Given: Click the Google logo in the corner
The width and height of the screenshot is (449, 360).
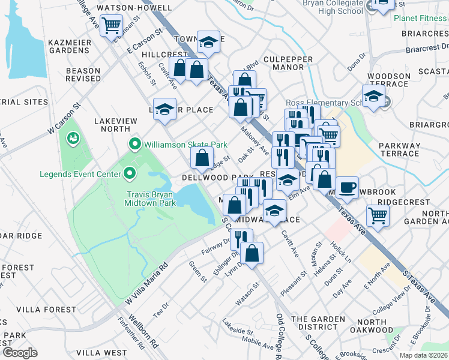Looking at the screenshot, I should [20, 352].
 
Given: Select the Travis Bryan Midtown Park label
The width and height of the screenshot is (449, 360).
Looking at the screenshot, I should [149, 199].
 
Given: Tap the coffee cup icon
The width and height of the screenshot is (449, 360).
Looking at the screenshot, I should [347, 188].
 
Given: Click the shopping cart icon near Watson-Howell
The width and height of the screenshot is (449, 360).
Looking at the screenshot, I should [111, 26].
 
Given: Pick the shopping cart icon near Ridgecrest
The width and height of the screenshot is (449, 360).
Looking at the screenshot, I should [378, 215].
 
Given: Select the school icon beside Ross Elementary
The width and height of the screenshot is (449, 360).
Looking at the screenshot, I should [373, 97].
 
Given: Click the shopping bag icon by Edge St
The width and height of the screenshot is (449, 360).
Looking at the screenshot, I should [202, 159].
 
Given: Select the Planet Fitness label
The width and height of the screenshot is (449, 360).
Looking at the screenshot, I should [421, 18].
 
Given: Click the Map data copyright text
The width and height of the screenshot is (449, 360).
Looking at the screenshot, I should [424, 355].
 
